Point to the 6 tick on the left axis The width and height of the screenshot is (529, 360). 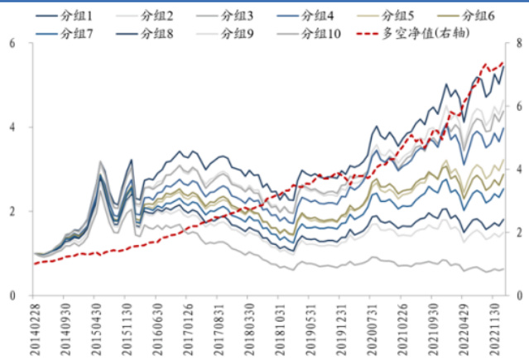coord(12,43)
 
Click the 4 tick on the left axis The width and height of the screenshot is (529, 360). coord(12,127)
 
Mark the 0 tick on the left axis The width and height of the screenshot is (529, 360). coord(12,295)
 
